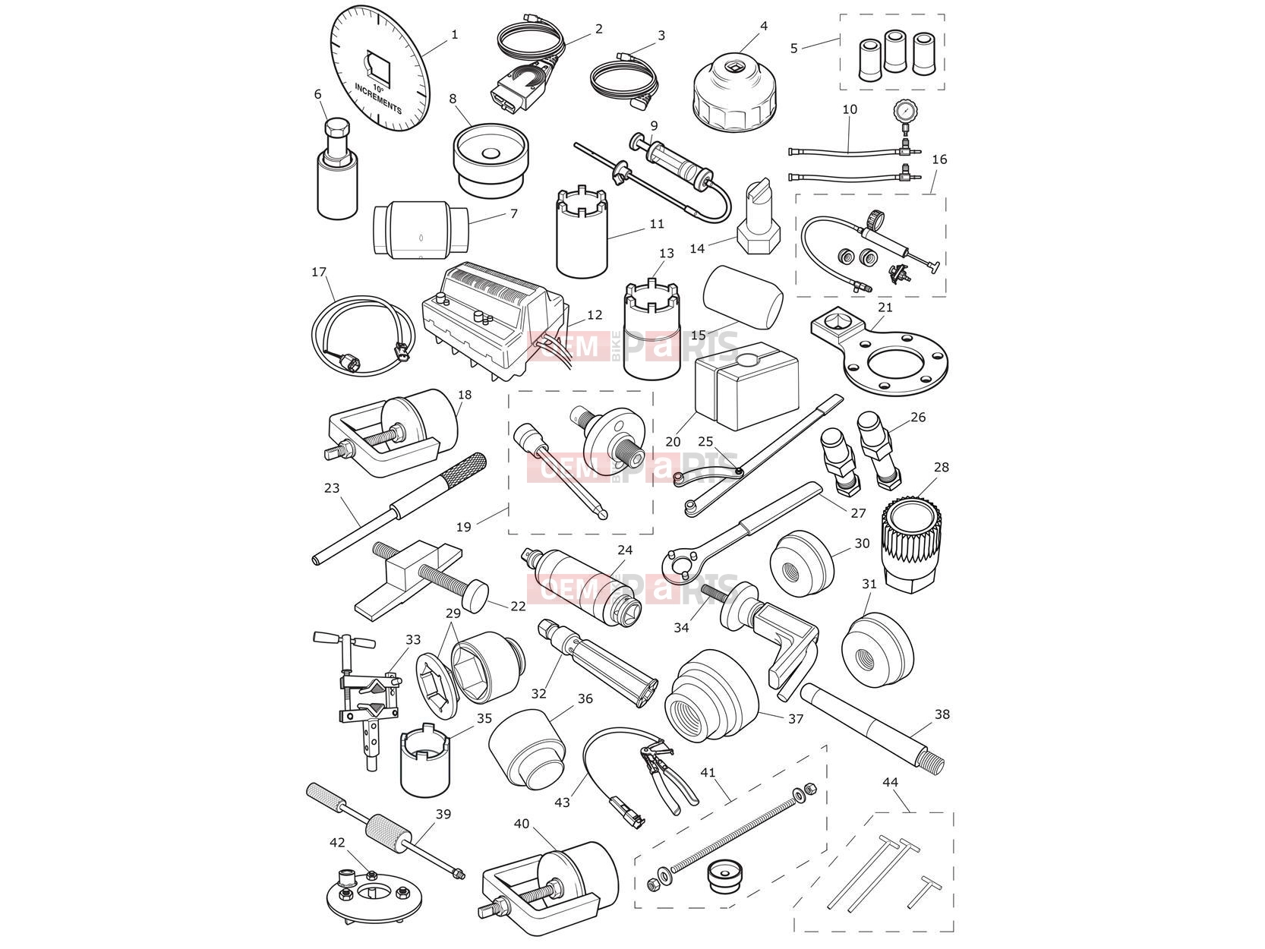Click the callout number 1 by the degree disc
(x=455, y=35)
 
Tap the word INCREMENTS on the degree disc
(x=378, y=99)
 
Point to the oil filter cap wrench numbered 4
(x=735, y=91)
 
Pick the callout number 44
(x=891, y=783)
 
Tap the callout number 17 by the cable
(x=319, y=272)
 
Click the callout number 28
(x=941, y=468)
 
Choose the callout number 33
(x=413, y=639)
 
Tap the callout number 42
(x=337, y=843)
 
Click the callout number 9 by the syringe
(x=654, y=125)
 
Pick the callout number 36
(x=585, y=699)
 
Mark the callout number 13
(x=666, y=254)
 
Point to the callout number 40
(x=522, y=824)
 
